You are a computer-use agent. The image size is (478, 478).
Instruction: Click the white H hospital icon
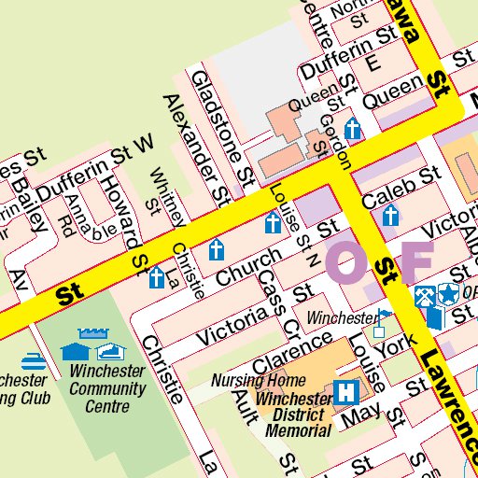(x=349, y=391)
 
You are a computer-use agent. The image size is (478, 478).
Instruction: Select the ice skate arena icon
(x=110, y=351)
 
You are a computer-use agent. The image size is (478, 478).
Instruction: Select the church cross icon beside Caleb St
(x=390, y=217)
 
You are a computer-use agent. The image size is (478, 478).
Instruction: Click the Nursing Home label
(x=259, y=380)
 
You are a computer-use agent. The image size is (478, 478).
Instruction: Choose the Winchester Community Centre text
(x=107, y=388)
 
